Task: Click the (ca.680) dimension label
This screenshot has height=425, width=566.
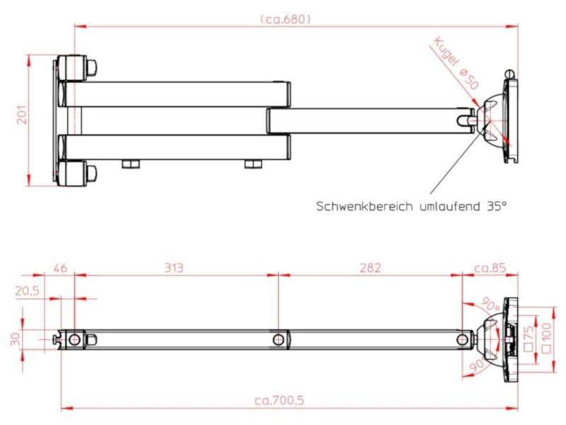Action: [285, 19]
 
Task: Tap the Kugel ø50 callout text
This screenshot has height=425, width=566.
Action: [457, 62]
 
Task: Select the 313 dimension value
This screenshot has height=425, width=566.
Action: [173, 268]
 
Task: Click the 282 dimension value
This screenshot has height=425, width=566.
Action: [369, 268]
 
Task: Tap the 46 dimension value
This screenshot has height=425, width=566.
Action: [60, 268]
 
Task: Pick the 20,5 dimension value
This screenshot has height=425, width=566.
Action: [28, 291]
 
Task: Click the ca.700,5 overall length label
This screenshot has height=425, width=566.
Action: [279, 400]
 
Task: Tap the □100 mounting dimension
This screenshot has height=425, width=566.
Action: [545, 339]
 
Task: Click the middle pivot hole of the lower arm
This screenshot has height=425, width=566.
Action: [279, 340]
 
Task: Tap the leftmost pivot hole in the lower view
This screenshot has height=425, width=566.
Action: [74, 340]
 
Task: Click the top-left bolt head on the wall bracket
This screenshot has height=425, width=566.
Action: [92, 68]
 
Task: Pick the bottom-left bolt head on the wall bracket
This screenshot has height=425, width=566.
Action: [92, 171]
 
